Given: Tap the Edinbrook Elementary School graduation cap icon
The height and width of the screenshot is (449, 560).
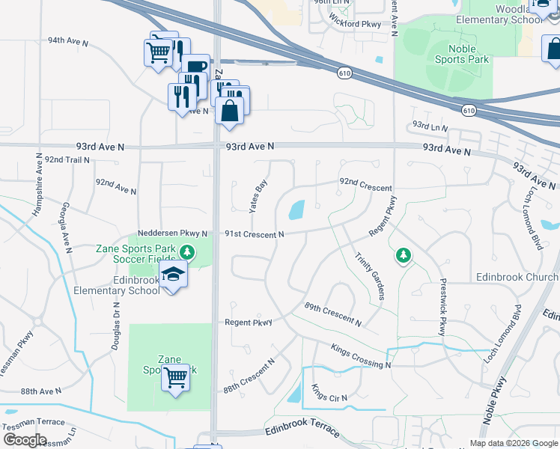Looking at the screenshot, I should [174, 275].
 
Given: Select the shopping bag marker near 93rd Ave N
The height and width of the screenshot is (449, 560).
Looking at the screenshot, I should [230, 111].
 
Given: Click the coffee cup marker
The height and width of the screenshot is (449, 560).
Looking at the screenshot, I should [195, 69].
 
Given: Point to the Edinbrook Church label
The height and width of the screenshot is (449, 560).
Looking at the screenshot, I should [517, 278].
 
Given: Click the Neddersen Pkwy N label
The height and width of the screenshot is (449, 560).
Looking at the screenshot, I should [172, 234].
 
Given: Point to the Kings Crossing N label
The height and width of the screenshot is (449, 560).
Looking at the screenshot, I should [361, 356].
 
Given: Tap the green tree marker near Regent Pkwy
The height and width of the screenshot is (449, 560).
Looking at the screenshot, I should [404, 256].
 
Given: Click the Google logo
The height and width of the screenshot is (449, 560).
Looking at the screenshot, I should [25, 440].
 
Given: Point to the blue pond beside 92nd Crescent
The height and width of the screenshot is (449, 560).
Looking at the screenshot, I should [296, 210].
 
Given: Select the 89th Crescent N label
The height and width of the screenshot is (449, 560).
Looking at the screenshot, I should [333, 314].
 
